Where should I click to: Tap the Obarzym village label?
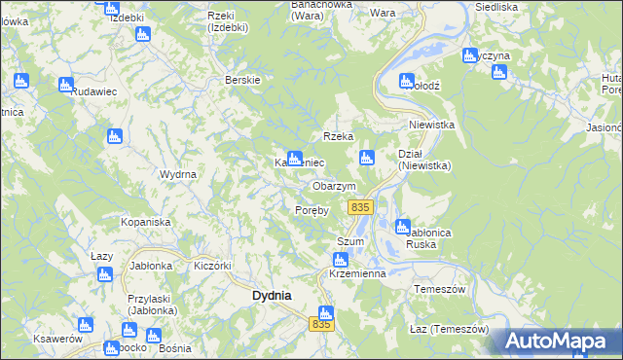click(334, 186)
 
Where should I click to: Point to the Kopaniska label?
click(146, 223)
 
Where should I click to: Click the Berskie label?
click(241, 80)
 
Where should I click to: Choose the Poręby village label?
click(312, 209)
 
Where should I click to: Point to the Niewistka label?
click(432, 125)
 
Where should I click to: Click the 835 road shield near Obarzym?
click(360, 207)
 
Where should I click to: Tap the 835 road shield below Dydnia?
click(322, 325)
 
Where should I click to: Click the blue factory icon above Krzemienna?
click(340, 260)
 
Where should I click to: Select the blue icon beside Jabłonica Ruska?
click(402, 227)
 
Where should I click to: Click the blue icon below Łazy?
click(104, 274)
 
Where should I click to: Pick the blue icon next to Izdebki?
click(109, 7)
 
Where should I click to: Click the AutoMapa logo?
click(562, 341)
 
